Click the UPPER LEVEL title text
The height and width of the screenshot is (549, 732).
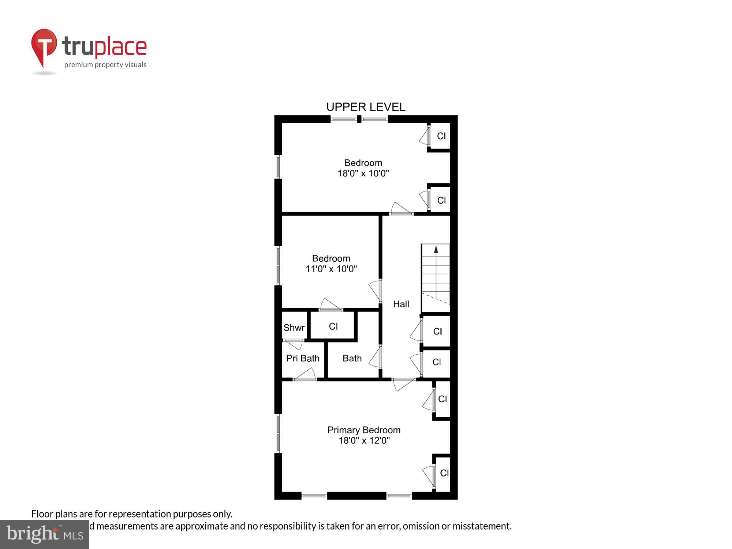click(366, 107)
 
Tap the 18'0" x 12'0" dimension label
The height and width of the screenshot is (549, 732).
click(364, 440)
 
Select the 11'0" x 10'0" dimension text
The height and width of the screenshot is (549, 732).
click(331, 269)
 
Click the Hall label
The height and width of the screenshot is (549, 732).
click(401, 304)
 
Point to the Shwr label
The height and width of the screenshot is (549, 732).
click(294, 328)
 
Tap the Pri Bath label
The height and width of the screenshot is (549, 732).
click(303, 358)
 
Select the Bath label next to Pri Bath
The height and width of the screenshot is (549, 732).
click(352, 358)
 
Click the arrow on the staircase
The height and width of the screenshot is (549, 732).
click(436, 250)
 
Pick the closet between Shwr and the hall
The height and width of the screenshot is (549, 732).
click(333, 326)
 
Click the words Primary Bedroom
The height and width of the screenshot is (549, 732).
click(364, 430)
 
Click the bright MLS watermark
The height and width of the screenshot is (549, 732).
click(45, 535)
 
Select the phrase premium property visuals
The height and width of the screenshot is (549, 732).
click(105, 65)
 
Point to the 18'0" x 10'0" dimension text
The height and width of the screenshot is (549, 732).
click(363, 173)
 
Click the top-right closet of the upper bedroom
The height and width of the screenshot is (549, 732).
click(441, 136)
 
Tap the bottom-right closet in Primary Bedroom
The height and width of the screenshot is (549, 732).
click(444, 473)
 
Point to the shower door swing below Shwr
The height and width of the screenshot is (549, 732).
click(294, 344)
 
